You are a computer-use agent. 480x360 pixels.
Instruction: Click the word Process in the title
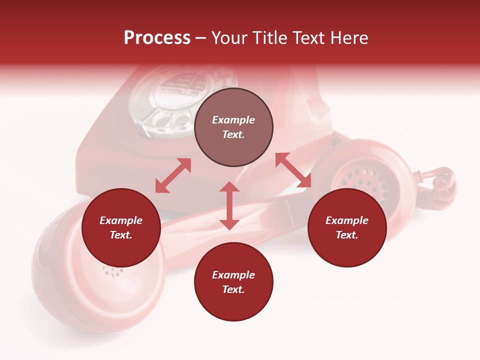tap(157, 38)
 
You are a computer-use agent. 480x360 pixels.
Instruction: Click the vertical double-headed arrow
tap(229, 205)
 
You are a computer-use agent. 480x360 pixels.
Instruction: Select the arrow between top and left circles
tap(173, 175)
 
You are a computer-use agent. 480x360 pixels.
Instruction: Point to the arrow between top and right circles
tap(293, 170)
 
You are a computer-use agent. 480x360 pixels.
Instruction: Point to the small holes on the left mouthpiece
tap(113, 271)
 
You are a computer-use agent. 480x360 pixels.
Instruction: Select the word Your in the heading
tap(228, 38)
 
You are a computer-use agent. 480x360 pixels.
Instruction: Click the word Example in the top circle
tap(233, 120)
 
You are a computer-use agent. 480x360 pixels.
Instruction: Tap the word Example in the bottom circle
tap(233, 275)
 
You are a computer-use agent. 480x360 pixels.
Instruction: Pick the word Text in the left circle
tap(121, 235)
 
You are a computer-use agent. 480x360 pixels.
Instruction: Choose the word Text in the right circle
tap(347, 235)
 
